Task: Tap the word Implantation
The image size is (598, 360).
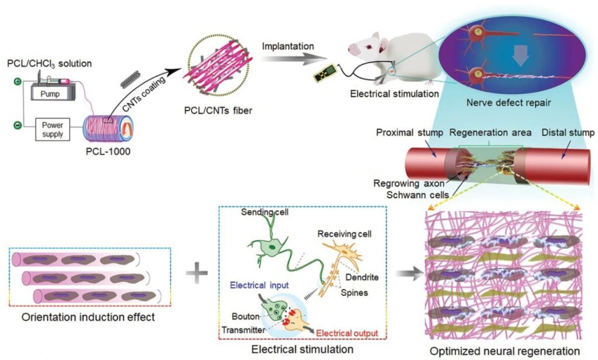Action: [x=287, y=44]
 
